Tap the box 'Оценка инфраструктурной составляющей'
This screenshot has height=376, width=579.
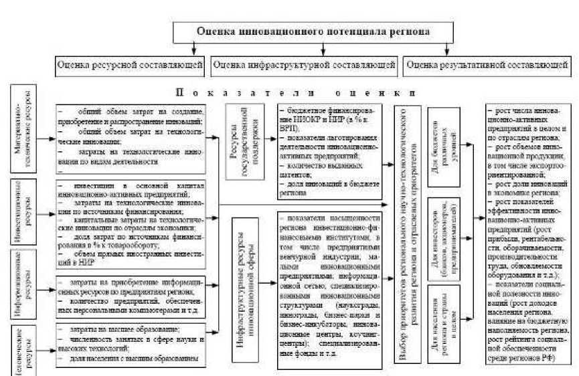click(305, 66)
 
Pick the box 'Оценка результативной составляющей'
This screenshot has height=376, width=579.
click(486, 66)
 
